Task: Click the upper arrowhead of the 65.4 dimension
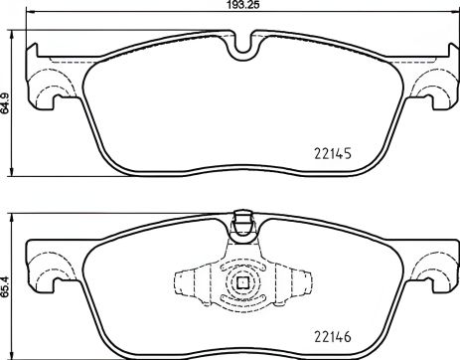coord(13,214)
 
